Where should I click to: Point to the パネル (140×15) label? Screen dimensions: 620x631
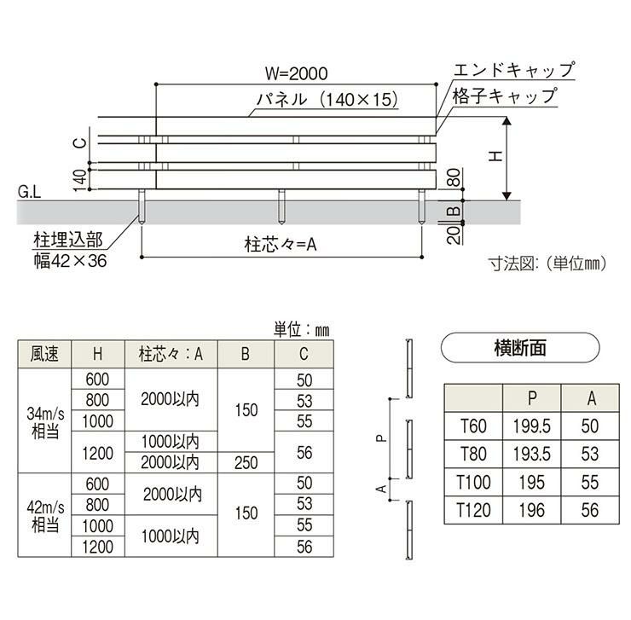[x=328, y=100]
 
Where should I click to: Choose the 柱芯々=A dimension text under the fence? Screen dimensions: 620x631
[x=281, y=245]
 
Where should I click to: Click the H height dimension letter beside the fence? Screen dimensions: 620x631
[x=492, y=157]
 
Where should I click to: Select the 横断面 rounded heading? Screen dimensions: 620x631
[x=519, y=347]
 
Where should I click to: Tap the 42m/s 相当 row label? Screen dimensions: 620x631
[x=44, y=515]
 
